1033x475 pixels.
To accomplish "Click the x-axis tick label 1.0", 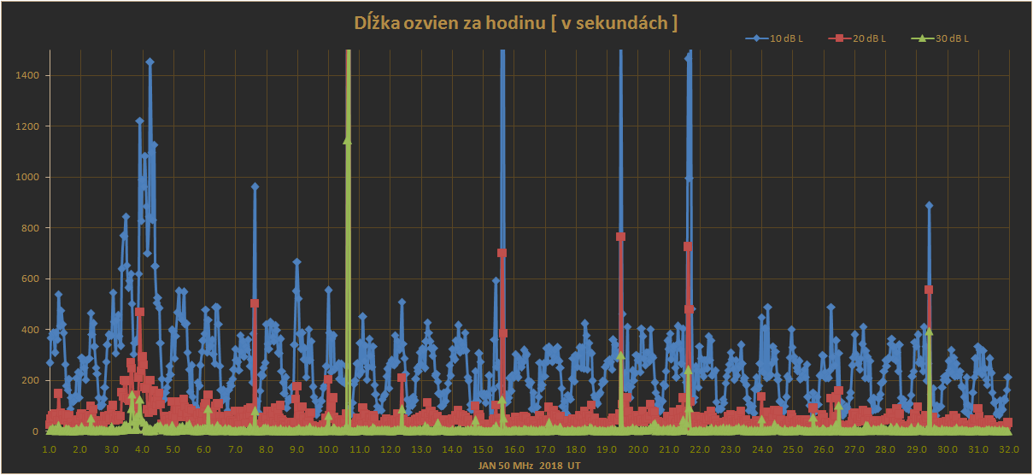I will coord(49,449).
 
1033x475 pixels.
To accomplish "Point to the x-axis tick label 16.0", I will coord(514,449).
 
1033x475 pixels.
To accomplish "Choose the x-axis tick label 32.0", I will coord(1009,449).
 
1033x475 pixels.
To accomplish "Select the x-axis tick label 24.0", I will coord(761,449).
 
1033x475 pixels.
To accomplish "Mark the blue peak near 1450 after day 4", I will coord(150,62).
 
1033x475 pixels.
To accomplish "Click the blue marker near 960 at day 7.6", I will coord(255,186).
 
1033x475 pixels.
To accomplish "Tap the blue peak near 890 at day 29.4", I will coord(929,205).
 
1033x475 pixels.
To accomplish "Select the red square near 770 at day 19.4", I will coord(621,237).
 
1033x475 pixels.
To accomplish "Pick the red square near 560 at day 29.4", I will coord(929,290).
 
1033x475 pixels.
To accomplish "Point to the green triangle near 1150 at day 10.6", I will coord(347,140).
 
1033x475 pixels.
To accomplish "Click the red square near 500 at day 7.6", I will coord(255,303).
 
